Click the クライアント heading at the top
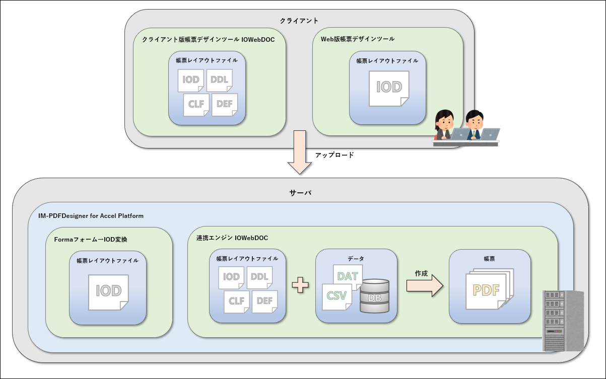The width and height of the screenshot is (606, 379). point(299,21)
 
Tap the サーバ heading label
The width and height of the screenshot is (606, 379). point(300,192)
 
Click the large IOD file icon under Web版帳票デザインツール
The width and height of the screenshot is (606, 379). point(389,88)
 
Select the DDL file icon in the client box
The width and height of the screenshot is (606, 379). point(219,81)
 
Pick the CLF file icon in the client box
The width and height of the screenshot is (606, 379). point(196,105)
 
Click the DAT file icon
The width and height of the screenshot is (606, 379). point(348,276)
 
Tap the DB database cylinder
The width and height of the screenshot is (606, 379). point(374,297)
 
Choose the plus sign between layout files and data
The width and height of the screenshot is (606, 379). point(300,285)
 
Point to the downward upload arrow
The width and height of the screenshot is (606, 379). point(300,152)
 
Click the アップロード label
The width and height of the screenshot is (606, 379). point(334,155)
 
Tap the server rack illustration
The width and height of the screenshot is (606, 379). point(563,320)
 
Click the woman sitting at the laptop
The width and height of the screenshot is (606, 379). point(445,125)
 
